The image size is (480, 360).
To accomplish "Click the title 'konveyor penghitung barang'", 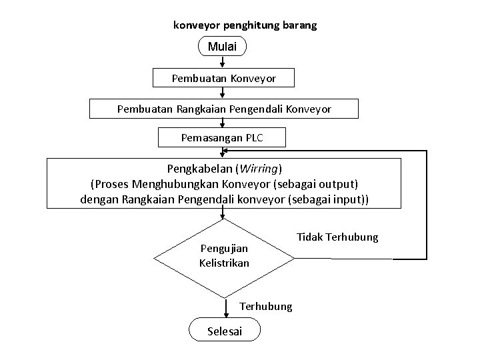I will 245,25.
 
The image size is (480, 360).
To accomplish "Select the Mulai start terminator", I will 223,47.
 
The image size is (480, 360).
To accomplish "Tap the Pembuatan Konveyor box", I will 223,78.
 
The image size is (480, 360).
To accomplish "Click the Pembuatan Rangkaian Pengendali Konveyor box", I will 224,108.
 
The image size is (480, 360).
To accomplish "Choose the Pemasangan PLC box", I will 222,138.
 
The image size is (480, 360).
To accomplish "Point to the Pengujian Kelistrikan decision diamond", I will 223,256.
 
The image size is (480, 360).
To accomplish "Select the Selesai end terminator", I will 225,331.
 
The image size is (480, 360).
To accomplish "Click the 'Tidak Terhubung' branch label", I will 337,237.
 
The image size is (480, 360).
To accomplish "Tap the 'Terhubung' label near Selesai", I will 265,306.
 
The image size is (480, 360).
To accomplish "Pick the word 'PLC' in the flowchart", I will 254,138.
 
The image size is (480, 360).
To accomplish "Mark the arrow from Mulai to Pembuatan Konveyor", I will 223,61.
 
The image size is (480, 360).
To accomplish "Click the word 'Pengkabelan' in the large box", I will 195,167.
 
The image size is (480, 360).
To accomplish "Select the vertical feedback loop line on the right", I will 426,204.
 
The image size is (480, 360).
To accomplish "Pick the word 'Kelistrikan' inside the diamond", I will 224,263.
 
